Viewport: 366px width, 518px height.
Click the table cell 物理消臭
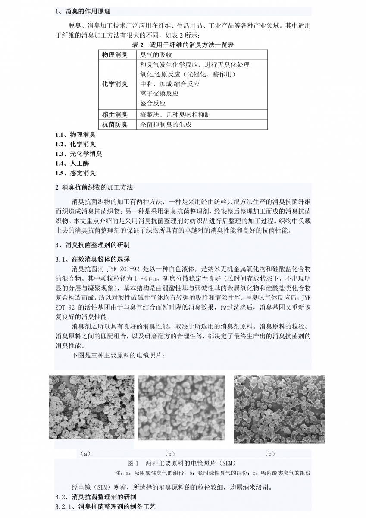coord(115,55)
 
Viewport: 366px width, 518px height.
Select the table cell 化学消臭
coord(115,84)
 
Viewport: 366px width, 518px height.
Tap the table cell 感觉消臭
coord(115,114)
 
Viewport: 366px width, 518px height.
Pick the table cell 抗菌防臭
coord(115,125)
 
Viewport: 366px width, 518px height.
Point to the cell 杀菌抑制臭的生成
coord(166,125)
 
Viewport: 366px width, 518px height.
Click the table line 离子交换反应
coord(159,94)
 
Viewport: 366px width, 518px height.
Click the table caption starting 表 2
coord(183,45)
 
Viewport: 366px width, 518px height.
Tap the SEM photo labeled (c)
coord(279,409)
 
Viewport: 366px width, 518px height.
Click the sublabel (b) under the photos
coord(170,454)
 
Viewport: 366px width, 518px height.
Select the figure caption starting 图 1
coord(183,463)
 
